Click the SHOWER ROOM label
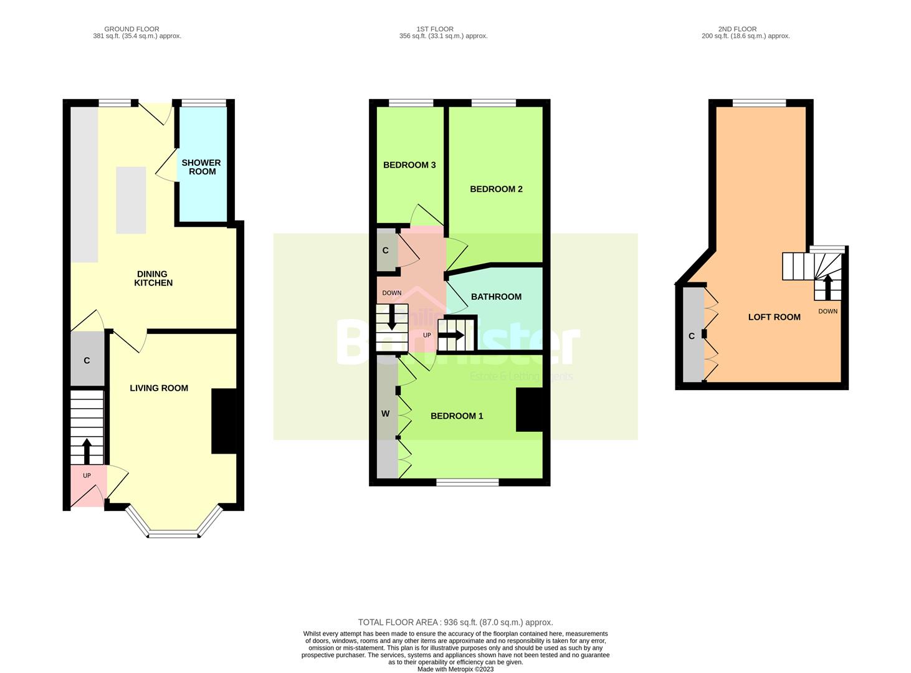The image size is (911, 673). pos(201,167)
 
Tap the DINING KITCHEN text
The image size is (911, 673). pos(153,278)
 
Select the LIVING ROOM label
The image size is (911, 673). pos(159,388)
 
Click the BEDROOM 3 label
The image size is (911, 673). pos(409,165)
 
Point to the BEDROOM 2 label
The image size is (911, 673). pos(496,189)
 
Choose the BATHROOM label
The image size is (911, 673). pos(496,297)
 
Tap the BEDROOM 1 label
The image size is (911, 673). pos(457,416)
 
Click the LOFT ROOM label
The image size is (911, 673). pos(774,317)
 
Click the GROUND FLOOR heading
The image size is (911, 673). pos(131,29)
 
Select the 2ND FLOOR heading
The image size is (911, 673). pos(737,29)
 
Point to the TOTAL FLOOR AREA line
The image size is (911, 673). pos(455,622)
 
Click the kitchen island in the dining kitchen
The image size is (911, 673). pos(131,200)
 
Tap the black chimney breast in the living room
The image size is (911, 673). pos(224,421)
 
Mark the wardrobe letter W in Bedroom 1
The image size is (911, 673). pos(385,414)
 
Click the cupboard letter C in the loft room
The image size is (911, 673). pos(691,336)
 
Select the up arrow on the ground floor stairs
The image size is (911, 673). pos(86,450)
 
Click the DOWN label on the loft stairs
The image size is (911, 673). pos(828,311)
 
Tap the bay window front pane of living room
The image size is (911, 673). pos(174,534)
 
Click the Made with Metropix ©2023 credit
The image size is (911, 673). pos(455,669)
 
